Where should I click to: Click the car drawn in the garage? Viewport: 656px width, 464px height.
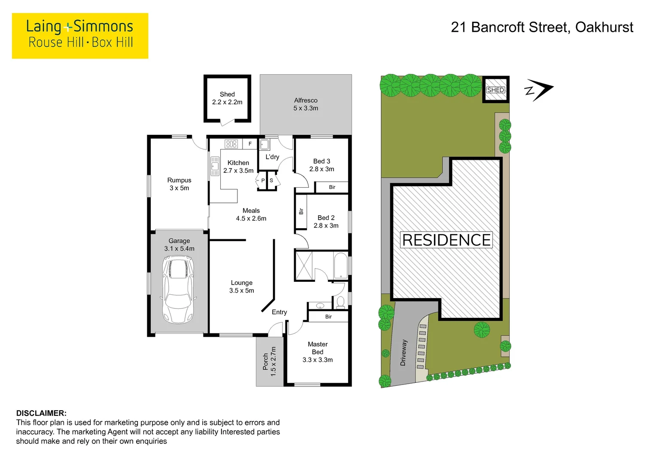179,290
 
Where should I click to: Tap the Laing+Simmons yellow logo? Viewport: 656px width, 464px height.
80,36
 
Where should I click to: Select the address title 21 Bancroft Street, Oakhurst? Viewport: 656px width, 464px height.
541,27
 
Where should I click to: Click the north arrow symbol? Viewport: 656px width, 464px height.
539,90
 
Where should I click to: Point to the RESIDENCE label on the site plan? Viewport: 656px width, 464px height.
446,240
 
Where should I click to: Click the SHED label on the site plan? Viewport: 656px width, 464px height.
495,90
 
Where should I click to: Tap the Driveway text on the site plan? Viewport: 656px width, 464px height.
403,353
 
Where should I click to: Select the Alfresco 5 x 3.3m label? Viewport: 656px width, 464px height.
306,104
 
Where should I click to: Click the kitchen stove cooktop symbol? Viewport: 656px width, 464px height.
231,144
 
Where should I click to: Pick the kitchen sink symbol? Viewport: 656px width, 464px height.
215,166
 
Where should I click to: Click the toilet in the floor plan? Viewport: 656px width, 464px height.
340,302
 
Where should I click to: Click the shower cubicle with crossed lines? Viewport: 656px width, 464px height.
304,266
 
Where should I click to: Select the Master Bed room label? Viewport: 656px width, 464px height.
318,352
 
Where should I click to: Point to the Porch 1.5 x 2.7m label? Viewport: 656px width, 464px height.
270,362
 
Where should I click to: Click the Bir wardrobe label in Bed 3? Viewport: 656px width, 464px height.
332,187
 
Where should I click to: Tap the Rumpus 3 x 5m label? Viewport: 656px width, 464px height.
179,184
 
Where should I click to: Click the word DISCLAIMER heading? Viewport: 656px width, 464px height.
41,413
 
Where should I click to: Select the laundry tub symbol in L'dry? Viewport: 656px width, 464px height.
264,144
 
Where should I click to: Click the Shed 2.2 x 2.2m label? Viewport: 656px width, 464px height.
227,98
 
